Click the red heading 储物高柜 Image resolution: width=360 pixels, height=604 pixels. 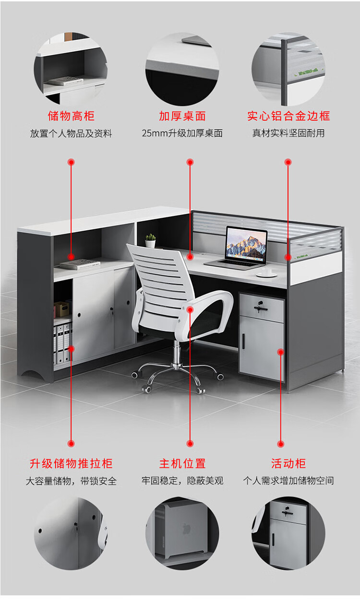click(71, 116)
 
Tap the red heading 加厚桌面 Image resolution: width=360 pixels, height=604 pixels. click(182, 116)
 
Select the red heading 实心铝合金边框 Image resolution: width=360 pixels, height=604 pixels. click(288, 116)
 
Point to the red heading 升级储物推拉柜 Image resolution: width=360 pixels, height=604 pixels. click(71, 463)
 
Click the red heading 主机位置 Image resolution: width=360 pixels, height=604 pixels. click(182, 463)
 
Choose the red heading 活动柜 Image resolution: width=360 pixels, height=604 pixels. click(288, 463)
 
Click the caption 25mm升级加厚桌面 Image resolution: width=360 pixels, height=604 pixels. click(182, 133)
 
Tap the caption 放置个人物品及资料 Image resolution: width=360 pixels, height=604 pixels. click(71, 133)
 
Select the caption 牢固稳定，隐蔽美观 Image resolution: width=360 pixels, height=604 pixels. click(182, 481)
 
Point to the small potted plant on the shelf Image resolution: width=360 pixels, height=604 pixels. click(151, 240)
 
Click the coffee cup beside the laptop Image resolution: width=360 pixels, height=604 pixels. click(266, 272)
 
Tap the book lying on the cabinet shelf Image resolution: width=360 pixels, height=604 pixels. click(78, 263)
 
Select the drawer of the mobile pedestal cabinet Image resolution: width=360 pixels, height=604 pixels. click(262, 307)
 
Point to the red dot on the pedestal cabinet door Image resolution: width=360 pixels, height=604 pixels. click(280, 352)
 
